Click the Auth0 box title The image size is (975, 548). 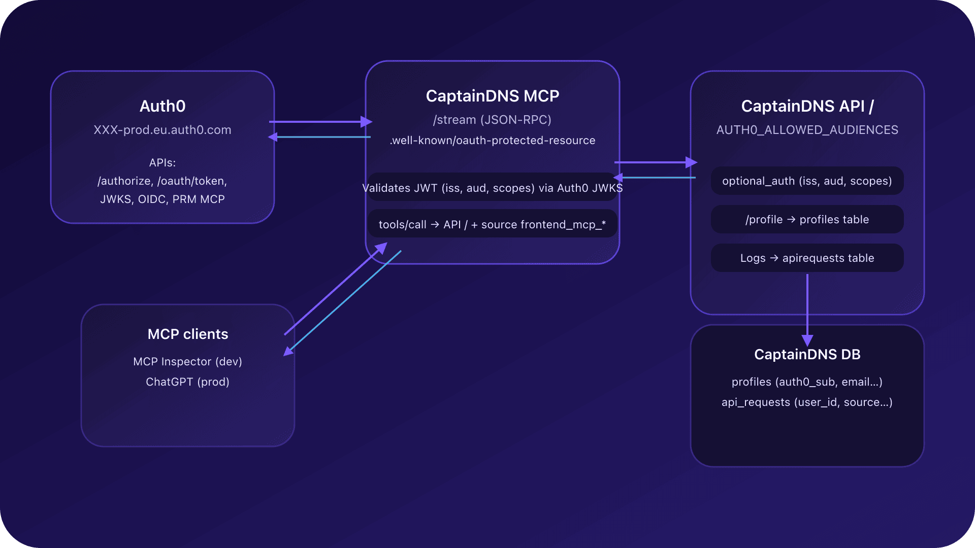[x=162, y=106]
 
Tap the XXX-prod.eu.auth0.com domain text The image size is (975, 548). [x=162, y=130]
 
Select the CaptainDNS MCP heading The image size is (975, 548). [x=492, y=96]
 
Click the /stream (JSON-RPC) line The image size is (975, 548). [x=492, y=120]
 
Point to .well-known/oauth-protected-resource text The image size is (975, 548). [x=492, y=141]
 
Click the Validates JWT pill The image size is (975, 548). [x=492, y=188]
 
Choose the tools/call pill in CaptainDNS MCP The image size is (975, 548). [x=492, y=225]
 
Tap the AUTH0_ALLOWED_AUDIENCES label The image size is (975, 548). [x=807, y=130]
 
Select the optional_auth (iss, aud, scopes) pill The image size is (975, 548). [x=807, y=181]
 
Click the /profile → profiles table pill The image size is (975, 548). [x=807, y=220]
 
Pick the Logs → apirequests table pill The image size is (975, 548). [x=807, y=258]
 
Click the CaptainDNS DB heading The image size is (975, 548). [x=807, y=354]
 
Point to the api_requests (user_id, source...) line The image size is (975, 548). [x=807, y=402]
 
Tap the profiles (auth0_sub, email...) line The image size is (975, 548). [x=807, y=382]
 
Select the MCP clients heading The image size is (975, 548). [x=188, y=334]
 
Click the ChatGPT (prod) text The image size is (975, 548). [x=188, y=382]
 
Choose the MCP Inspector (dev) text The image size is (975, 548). [x=188, y=362]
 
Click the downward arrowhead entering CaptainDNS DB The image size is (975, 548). [x=807, y=340]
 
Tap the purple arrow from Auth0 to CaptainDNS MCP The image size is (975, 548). [x=320, y=122]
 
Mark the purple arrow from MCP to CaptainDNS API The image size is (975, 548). [x=655, y=162]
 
